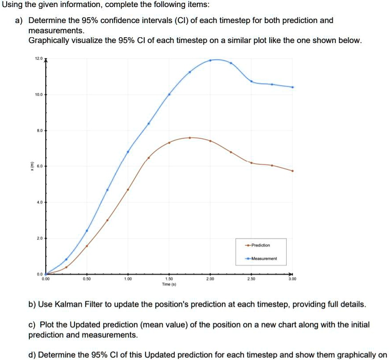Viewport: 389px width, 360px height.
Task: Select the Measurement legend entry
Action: [263, 258]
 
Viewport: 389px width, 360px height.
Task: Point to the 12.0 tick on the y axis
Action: [40, 59]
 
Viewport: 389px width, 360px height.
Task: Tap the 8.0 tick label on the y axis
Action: [40, 130]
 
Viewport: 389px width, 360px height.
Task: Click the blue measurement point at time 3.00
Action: [292, 87]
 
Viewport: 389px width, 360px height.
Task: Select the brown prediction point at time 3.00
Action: [292, 171]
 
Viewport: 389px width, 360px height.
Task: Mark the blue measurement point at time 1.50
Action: [169, 94]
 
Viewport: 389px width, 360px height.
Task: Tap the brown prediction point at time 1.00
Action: [128, 189]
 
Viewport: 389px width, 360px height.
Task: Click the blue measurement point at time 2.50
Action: [251, 81]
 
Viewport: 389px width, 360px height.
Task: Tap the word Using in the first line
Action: [10, 5]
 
